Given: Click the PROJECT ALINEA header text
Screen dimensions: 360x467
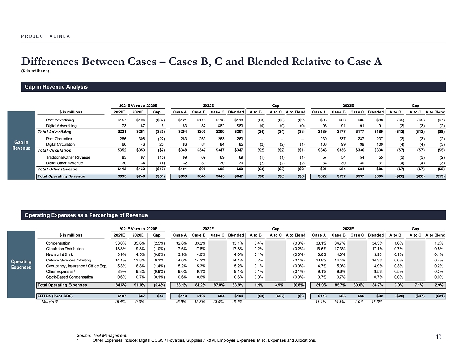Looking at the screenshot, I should click(x=45, y=36).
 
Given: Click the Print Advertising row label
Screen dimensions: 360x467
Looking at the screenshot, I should click(x=60, y=120).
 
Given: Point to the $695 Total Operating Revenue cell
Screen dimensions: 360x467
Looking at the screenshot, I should click(x=123, y=176).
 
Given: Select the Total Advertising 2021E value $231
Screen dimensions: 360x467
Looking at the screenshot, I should click(x=123, y=133).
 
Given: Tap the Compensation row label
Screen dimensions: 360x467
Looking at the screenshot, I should click(x=58, y=243).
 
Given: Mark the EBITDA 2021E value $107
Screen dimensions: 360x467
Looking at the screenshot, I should click(x=123, y=296).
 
